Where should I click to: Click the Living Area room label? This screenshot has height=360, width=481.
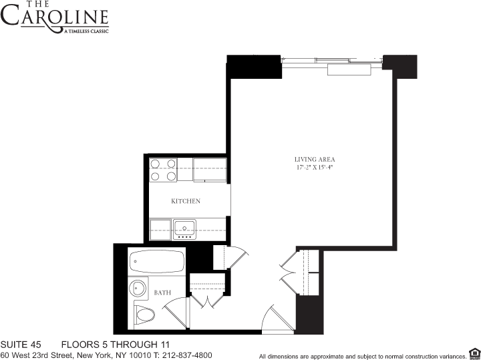[314, 159]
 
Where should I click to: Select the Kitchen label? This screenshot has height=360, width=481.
[185, 201]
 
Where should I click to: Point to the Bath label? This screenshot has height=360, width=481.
[162, 293]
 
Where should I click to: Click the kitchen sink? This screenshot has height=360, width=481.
[184, 226]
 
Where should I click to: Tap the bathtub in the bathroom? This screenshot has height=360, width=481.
[156, 260]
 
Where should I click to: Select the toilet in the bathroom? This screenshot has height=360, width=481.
[143, 314]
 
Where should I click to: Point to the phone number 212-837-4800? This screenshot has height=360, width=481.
[188, 355]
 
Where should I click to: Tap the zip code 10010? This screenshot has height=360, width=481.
[137, 355]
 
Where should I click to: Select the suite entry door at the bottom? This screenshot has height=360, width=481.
[275, 319]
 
